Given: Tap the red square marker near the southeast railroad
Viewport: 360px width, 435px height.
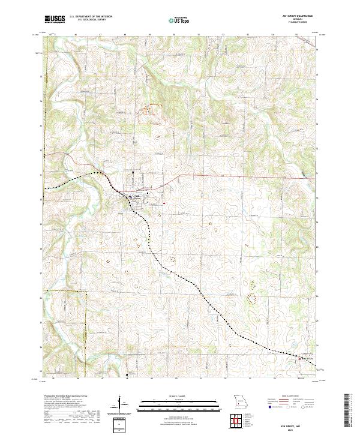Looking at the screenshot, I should pos(301,359).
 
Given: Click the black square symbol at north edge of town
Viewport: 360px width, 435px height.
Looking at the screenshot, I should pos(133,173).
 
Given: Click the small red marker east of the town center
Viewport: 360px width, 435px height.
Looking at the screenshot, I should pos(163,203).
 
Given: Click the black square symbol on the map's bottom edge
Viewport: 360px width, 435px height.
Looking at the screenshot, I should pos(127,376).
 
